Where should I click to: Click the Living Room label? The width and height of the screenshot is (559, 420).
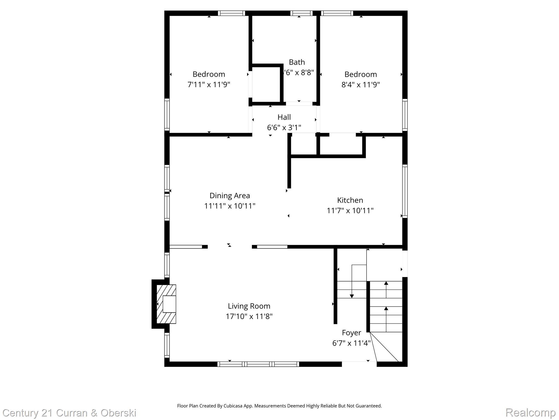[x=249, y=306]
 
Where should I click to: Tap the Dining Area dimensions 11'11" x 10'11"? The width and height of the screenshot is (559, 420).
[x=230, y=206]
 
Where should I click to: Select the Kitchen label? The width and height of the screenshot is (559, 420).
[x=350, y=200]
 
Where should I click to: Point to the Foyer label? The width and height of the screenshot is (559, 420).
[x=351, y=333]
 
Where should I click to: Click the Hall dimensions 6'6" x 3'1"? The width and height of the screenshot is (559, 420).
[x=284, y=127]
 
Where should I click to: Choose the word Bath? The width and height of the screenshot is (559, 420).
[x=297, y=62]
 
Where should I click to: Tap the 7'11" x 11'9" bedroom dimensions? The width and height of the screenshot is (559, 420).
[x=209, y=84]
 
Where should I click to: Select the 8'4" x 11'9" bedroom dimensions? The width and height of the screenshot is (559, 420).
[x=361, y=84]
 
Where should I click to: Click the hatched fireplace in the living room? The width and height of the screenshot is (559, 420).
[x=166, y=304]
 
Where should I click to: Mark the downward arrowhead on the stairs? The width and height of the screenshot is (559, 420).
[x=352, y=296]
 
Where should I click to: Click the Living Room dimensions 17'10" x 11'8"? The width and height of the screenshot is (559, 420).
[x=249, y=316]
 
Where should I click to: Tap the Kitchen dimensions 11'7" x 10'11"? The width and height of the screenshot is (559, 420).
[x=350, y=211]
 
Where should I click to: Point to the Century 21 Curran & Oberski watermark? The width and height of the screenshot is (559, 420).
[x=69, y=413]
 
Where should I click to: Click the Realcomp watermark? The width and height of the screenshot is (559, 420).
[x=530, y=412]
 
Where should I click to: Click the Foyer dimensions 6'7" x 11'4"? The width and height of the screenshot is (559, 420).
[x=351, y=343]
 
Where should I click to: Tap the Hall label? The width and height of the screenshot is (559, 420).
[x=284, y=117]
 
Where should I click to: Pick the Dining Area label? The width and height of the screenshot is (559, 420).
[x=230, y=196]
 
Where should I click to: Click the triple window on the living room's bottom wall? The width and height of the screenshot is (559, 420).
[x=258, y=364]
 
